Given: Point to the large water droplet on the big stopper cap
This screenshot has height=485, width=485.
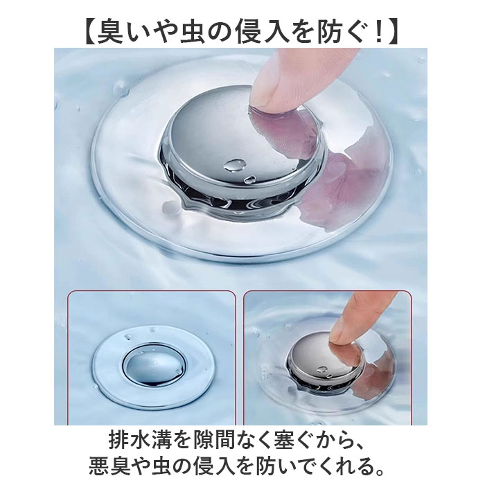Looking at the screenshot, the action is pyautogui.click(x=235, y=165).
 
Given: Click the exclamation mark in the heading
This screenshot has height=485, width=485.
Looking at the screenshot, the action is pyautogui.click(x=377, y=32).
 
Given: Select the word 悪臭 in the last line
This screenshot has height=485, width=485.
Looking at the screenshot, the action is pyautogui.click(x=109, y=466).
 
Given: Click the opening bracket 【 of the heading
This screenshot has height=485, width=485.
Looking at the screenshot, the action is pyautogui.click(x=89, y=32).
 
